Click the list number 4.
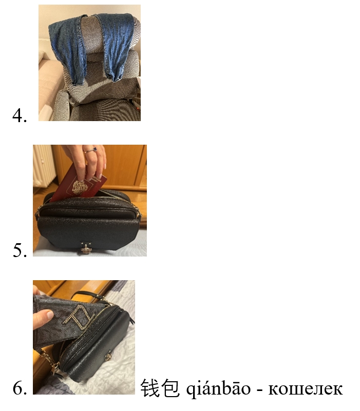click(x=20, y=115)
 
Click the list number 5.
click(x=20, y=250)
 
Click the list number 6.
click(x=20, y=388)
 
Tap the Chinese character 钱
click(x=150, y=388)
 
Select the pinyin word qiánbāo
click(x=218, y=388)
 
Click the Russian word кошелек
click(x=305, y=389)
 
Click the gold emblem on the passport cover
click(x=79, y=187)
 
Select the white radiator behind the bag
click(x=44, y=166)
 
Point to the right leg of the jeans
click(x=116, y=46)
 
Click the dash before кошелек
click(x=259, y=390)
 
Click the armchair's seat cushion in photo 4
click(x=105, y=110)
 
